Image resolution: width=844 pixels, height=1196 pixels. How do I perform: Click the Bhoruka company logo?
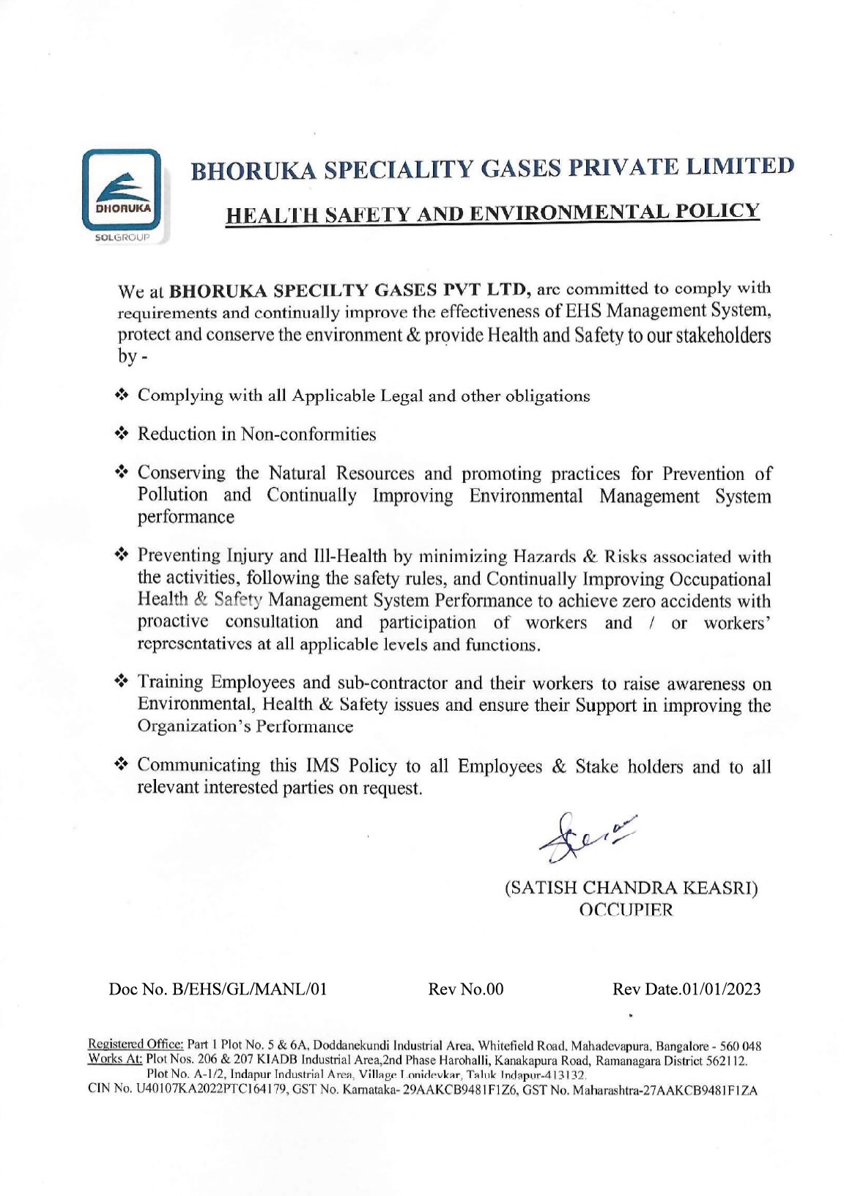(121, 188)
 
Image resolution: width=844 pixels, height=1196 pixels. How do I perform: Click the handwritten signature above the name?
(586, 835)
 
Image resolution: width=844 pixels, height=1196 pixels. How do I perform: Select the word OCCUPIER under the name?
(626, 911)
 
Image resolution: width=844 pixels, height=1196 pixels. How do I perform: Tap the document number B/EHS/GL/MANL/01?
(248, 989)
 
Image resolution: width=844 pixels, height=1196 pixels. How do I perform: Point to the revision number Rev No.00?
(466, 989)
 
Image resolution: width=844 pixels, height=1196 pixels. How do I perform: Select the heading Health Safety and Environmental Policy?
(492, 213)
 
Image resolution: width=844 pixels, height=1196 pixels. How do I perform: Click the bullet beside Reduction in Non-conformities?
(122, 434)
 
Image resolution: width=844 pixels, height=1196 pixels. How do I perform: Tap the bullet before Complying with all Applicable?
(122, 395)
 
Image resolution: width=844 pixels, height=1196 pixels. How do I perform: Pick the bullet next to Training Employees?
(122, 682)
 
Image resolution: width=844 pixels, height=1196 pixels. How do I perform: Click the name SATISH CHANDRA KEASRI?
(631, 888)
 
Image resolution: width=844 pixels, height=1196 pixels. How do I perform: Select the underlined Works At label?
(115, 1060)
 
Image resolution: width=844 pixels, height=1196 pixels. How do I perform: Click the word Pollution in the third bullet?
(172, 495)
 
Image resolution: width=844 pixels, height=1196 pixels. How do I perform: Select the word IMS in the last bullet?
(324, 766)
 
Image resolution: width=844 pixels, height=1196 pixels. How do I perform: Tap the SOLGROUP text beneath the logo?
(121, 239)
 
